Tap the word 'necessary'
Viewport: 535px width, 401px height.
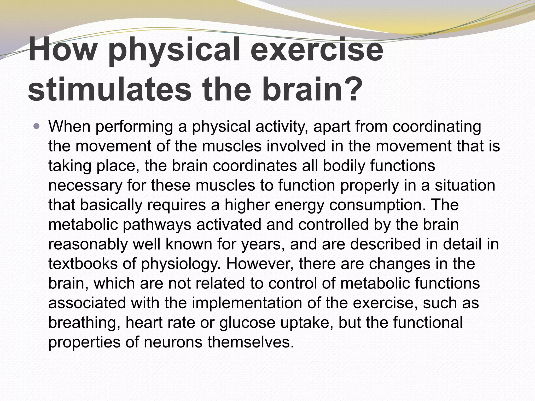[85, 185]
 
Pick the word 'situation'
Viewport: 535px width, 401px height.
[465, 185]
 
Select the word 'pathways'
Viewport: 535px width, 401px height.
[157, 225]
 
